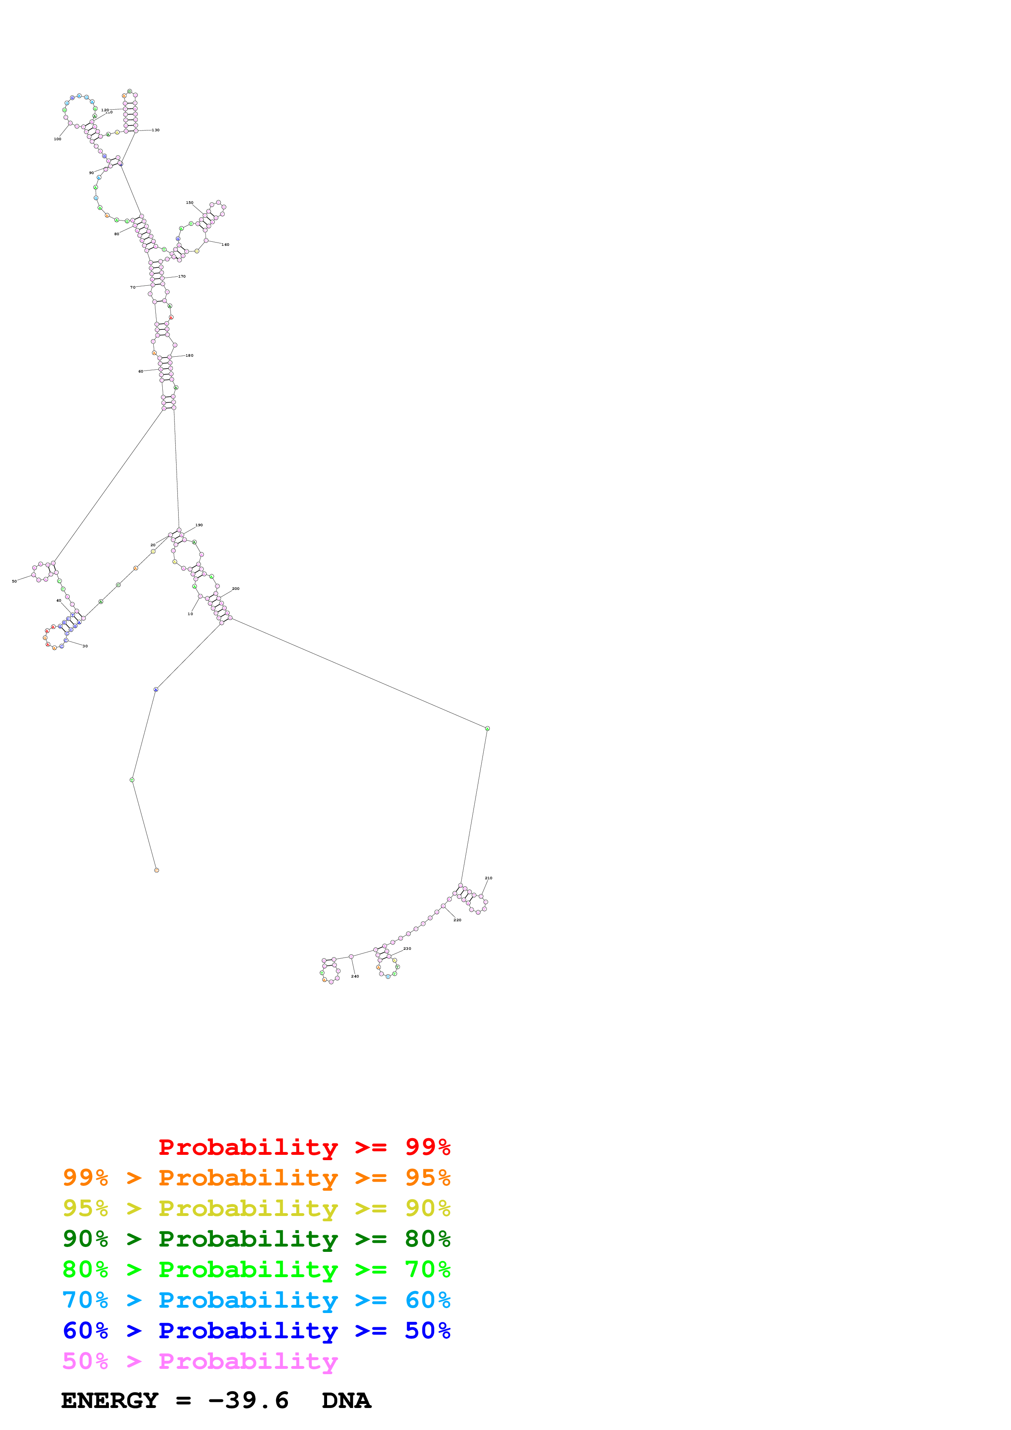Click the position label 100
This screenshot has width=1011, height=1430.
[58, 139]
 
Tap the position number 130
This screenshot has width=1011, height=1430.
[156, 130]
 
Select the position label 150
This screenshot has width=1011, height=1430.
[189, 203]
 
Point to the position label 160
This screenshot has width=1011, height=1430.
[226, 245]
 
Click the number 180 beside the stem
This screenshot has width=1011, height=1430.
[189, 355]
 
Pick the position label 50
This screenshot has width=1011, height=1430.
[14, 581]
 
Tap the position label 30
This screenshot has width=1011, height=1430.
[85, 646]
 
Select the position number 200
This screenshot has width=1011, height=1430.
[235, 589]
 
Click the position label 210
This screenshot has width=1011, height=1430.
[488, 878]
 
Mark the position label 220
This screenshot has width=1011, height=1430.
[457, 920]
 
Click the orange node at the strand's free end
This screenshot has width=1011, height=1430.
[156, 870]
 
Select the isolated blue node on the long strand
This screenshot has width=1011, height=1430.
[156, 689]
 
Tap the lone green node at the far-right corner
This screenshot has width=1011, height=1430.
[487, 728]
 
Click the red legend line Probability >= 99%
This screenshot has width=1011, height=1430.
[304, 1147]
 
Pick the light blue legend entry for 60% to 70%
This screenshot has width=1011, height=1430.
[256, 1300]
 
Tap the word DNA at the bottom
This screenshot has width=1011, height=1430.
[346, 1401]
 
